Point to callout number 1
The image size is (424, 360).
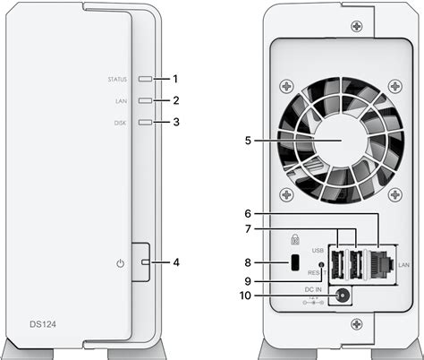(x=177, y=80)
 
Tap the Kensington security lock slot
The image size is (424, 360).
(x=294, y=263)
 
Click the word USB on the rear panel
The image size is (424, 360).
(x=318, y=251)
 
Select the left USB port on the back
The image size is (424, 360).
(x=337, y=263)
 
